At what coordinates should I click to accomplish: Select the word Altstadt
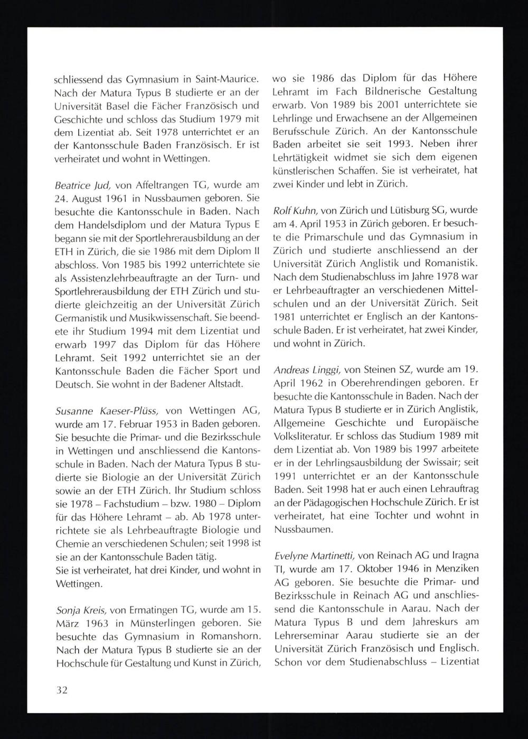point(226,384)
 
